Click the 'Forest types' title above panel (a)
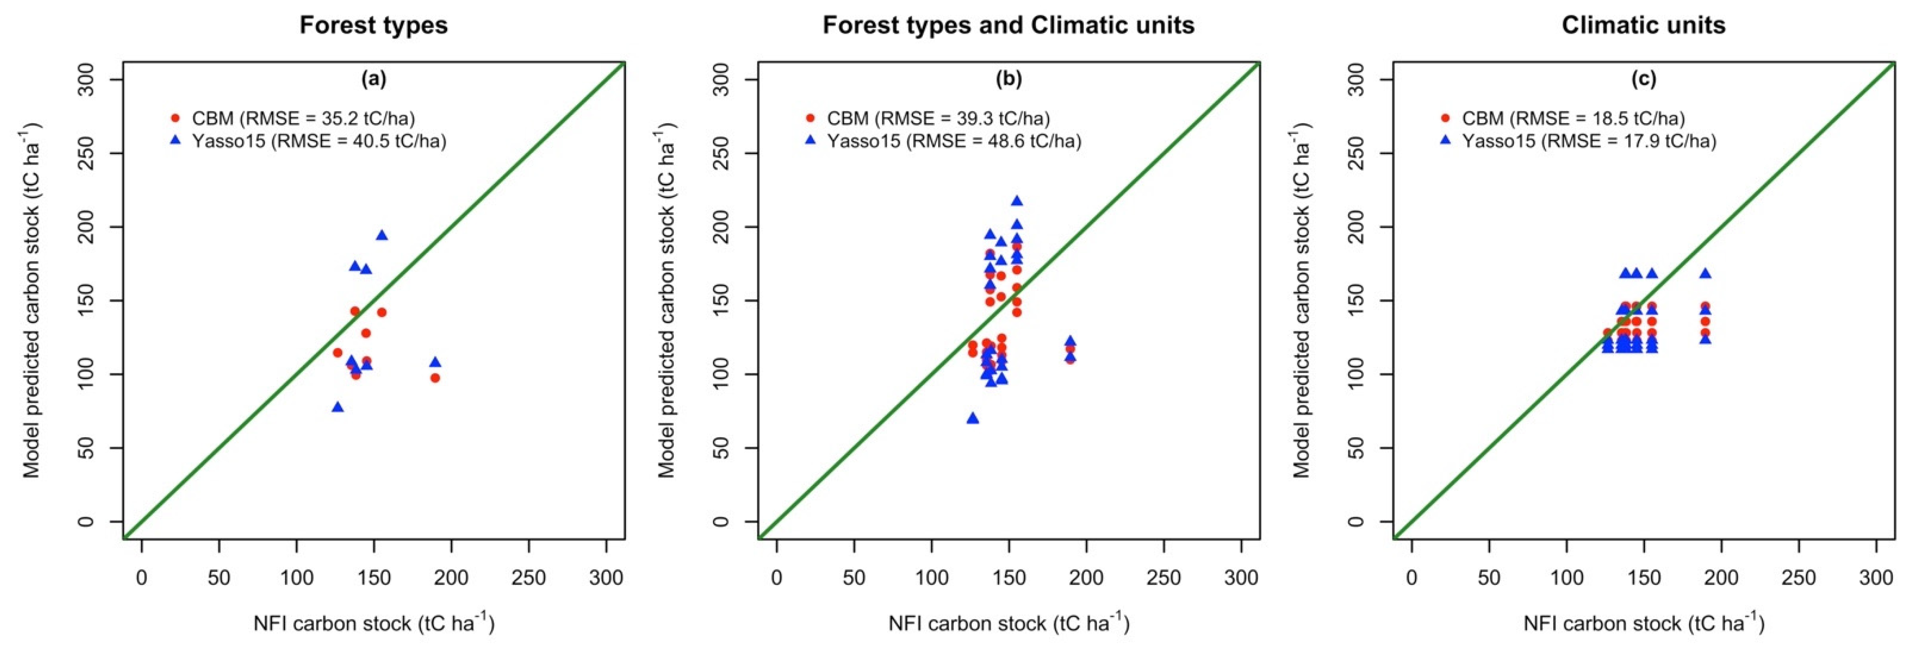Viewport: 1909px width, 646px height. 373,25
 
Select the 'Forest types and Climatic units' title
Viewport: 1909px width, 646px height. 1008,25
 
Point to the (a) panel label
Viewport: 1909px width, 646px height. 373,79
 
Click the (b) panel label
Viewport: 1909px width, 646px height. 1008,79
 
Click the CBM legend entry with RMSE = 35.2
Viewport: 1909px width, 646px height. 293,118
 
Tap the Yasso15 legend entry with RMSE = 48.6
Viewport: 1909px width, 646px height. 944,141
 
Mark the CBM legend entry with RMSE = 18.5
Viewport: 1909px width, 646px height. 1564,118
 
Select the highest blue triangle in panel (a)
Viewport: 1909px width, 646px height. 382,235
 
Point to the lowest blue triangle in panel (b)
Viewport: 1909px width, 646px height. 973,418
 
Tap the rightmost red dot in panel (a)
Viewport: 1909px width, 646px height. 435,378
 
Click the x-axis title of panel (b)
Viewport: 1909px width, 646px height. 1008,623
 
